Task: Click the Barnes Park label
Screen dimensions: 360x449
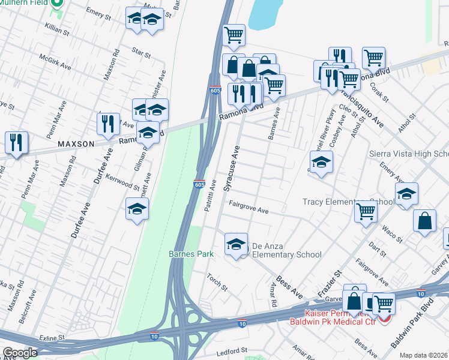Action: pos(191,254)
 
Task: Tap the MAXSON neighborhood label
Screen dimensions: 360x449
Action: pos(76,144)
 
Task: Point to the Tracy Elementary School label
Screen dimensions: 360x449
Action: pos(348,202)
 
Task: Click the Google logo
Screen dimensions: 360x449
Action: pos(20,353)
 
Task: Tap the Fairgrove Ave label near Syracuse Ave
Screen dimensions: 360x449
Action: pos(248,208)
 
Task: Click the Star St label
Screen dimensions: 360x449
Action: pos(142,53)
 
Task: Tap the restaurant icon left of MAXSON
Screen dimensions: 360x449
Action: pos(15,142)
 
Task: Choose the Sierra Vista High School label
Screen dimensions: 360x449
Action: pos(409,154)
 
